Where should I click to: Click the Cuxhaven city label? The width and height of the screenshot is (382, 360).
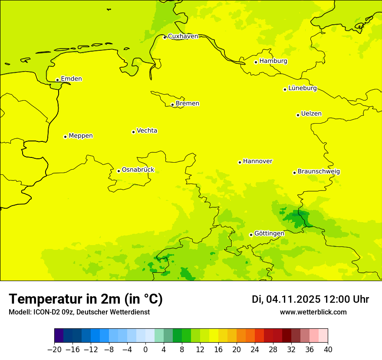tap(183, 36)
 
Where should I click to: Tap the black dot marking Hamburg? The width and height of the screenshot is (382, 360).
tap(256, 62)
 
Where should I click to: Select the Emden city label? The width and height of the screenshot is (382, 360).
tap(71, 79)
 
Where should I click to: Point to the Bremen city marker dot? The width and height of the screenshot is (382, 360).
tap(172, 105)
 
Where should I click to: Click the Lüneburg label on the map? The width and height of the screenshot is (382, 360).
tap(302, 88)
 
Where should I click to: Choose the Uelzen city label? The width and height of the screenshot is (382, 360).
tap(311, 114)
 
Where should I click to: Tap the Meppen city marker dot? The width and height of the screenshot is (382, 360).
tap(65, 137)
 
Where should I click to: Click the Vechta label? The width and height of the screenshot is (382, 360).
tap(147, 131)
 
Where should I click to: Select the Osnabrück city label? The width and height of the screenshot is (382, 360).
tap(138, 170)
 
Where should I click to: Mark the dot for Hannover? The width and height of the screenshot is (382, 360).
tap(240, 162)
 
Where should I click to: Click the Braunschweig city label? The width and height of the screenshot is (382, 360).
tap(319, 172)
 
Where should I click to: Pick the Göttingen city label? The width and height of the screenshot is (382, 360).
tap(269, 233)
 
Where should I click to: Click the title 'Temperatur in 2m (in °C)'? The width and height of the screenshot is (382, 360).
tap(86, 299)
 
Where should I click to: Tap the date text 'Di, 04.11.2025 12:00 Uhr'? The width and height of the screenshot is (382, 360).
tap(310, 299)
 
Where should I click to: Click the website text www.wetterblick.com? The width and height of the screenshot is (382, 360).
tap(313, 312)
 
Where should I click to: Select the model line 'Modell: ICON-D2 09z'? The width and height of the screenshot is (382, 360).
tap(79, 312)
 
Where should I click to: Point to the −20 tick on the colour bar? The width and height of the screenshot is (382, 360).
tap(54, 350)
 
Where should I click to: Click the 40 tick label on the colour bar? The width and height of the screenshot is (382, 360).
tap(328, 350)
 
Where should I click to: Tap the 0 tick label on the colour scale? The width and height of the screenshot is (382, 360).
tap(145, 350)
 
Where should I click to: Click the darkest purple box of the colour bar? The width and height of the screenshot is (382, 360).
tap(59, 336)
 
